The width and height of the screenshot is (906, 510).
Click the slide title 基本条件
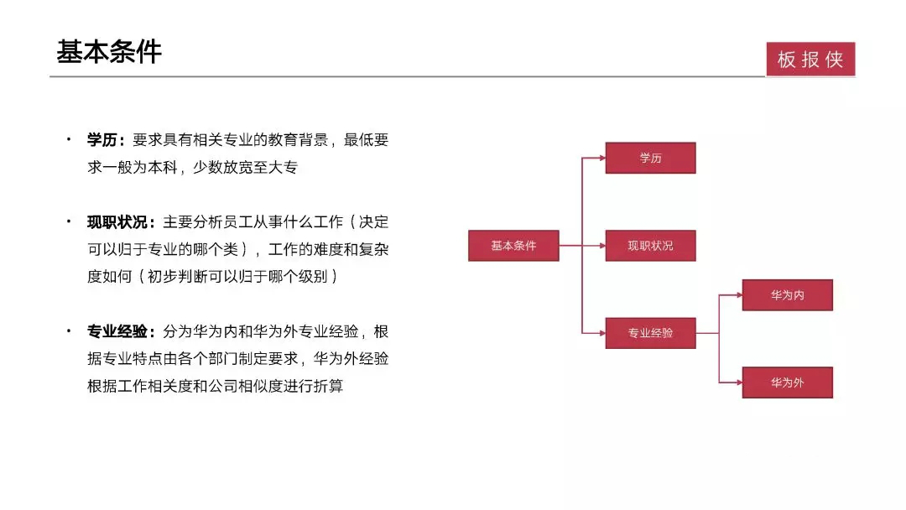pos(108,52)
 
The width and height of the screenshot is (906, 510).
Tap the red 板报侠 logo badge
pos(810,59)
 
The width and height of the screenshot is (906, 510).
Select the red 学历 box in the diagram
pos(651,158)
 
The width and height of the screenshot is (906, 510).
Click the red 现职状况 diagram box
pos(651,246)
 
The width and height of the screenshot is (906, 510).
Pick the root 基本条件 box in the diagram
pos(513,246)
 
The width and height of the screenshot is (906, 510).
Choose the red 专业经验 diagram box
pos(651,333)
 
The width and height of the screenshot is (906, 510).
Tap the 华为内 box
pos(788,295)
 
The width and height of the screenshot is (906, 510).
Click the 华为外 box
pos(788,382)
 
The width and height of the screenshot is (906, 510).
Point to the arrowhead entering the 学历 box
pos(602,158)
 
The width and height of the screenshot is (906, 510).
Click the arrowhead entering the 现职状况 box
pos(602,246)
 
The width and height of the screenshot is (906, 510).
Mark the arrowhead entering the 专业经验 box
pos(602,333)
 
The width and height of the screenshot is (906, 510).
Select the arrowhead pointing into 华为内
pos(739,295)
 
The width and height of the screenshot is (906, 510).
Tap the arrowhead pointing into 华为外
pos(739,382)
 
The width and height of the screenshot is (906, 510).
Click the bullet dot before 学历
pos(69,139)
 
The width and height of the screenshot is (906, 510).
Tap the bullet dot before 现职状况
pos(69,221)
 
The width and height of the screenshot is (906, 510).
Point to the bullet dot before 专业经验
pos(69,331)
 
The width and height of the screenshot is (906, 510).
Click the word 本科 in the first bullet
pos(163,168)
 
